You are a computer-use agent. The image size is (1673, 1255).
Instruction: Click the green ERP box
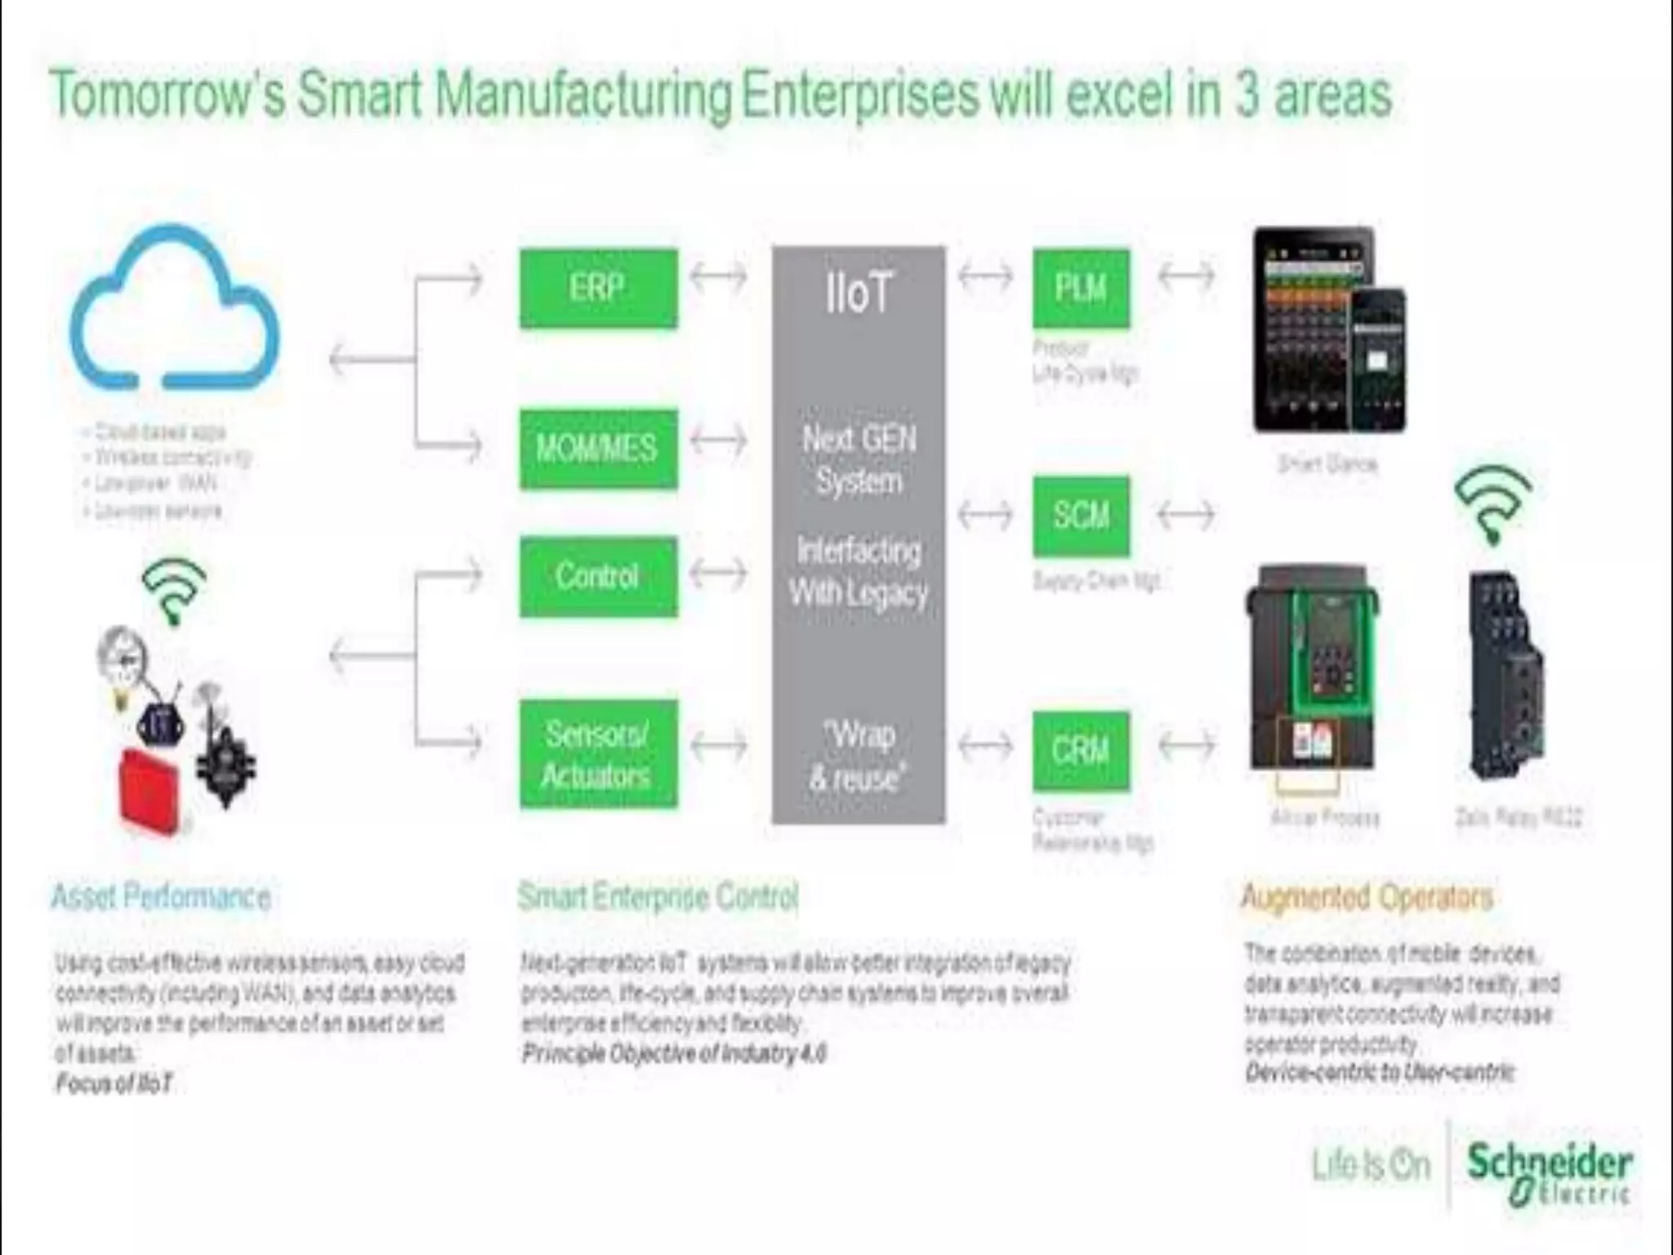tap(598, 288)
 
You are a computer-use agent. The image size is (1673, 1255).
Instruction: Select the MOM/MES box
tap(598, 449)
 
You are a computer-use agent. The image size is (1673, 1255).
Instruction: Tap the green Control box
tap(598, 576)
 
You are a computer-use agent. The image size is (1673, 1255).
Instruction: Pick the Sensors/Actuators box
tap(598, 754)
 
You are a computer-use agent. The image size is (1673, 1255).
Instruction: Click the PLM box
tap(1081, 288)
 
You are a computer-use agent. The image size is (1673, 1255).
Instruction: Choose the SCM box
tap(1081, 516)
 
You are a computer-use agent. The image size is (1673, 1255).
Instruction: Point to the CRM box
tap(1081, 751)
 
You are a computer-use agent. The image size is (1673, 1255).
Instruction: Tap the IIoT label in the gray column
tap(859, 293)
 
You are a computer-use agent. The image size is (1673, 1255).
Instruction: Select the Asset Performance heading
tap(161, 896)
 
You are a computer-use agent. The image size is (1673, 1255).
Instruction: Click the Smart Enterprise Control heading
tap(658, 896)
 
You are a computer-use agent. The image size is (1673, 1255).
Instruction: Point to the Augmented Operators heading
tap(1367, 896)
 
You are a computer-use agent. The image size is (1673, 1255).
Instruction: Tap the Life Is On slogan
tap(1371, 1165)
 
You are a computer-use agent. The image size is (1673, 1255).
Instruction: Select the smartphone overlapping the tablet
tap(1376, 360)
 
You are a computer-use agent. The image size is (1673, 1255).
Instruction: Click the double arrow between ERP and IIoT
tap(718, 276)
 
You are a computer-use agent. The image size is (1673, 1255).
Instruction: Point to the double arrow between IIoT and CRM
tap(985, 744)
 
